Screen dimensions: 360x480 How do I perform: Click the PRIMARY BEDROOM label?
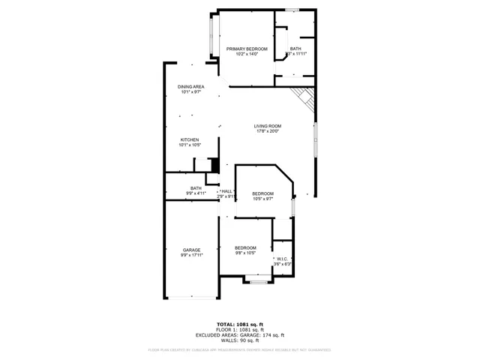247,49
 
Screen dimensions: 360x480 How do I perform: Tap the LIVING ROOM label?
267,126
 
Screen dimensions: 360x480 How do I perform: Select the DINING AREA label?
190,87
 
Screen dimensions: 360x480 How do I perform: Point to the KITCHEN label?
189,140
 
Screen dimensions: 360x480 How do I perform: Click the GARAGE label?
191,250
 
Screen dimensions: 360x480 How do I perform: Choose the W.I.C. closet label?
283,259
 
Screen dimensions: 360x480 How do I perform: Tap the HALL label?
226,191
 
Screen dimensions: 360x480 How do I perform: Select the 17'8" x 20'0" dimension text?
267,131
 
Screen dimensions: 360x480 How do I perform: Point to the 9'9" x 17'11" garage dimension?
191,255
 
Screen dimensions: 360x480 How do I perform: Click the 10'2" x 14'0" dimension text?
247,54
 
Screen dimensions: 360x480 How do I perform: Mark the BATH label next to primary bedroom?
295,49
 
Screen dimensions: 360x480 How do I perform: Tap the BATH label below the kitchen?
196,188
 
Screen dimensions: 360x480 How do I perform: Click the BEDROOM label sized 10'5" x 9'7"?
262,193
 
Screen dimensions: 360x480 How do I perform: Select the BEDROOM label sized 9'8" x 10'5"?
245,248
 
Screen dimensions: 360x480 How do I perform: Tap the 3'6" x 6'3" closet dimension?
283,264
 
